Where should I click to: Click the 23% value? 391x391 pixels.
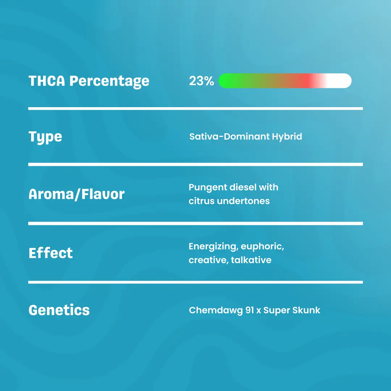pyautogui.click(x=201, y=81)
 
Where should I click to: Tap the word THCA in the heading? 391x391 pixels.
pyautogui.click(x=47, y=81)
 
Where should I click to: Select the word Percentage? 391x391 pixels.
pyautogui.click(x=109, y=81)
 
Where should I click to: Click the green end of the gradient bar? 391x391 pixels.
pyautogui.click(x=226, y=81)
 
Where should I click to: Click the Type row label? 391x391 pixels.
pyautogui.click(x=45, y=137)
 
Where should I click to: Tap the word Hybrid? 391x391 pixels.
pyautogui.click(x=287, y=136)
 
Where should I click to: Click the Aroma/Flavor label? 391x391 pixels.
pyautogui.click(x=76, y=194)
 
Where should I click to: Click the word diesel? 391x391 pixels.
pyautogui.click(x=243, y=188)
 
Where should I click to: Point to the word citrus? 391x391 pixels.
pyautogui.click(x=201, y=201)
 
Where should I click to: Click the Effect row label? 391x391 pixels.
pyautogui.click(x=51, y=253)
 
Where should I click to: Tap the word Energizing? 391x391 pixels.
pyautogui.click(x=212, y=247)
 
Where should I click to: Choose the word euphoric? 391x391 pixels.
pyautogui.click(x=262, y=247)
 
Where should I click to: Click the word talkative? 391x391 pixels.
pyautogui.click(x=251, y=260)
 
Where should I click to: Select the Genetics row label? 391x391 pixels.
pyautogui.click(x=59, y=310)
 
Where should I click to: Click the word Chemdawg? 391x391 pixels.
pyautogui.click(x=216, y=310)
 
